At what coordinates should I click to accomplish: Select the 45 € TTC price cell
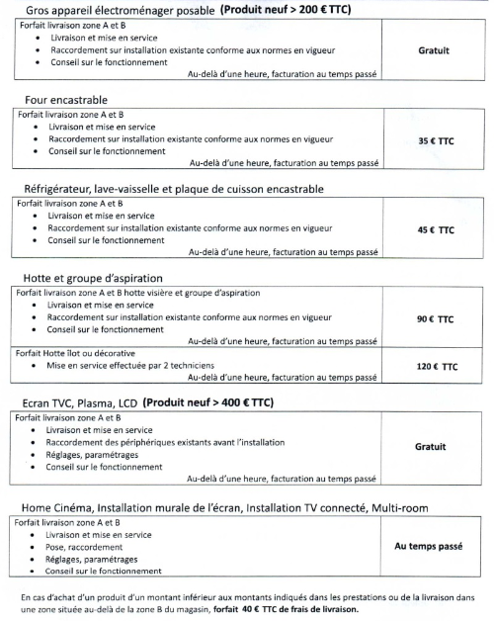pos(435,229)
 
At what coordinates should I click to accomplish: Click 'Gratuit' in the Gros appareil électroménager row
pos(435,48)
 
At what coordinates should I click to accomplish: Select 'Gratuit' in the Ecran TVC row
pos(431,447)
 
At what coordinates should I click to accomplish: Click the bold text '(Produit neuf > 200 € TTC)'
pos(287,10)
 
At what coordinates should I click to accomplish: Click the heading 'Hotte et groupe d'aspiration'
pos(94,278)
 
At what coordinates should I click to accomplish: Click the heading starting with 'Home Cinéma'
pos(224,507)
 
